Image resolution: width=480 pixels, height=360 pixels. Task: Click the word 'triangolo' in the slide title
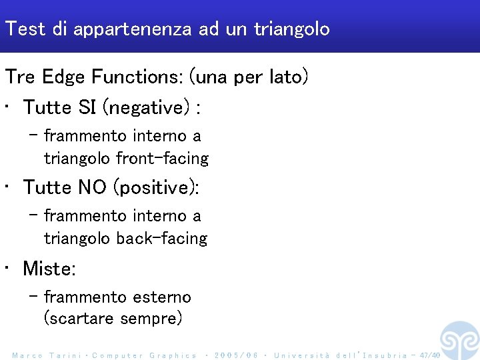point(291,29)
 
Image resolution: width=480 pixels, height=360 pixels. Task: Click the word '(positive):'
point(157,187)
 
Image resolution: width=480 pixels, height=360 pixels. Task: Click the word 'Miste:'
point(49,269)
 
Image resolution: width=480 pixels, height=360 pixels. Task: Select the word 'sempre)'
point(151,319)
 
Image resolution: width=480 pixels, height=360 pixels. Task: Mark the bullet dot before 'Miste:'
point(6,269)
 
